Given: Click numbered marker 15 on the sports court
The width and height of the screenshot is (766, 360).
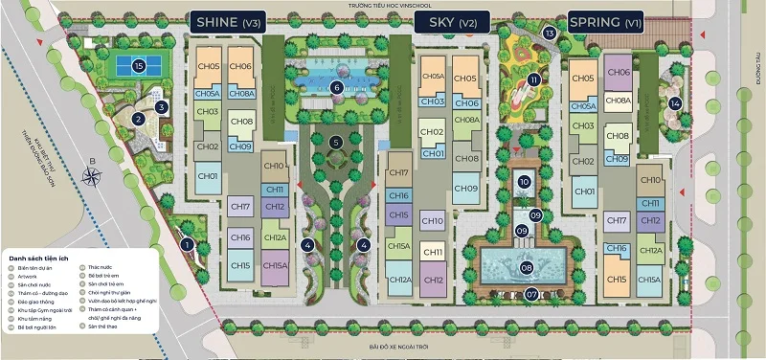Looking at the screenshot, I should coord(139,66).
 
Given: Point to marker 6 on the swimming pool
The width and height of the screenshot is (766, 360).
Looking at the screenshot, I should coord(336,87).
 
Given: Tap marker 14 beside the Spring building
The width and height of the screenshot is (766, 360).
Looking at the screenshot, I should coord(675,103).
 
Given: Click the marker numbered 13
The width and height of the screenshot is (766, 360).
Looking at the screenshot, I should coord(549,34).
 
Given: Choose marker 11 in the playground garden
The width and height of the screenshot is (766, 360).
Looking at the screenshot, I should coord(533,79).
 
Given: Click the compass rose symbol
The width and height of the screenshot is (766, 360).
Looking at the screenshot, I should coord(93,176).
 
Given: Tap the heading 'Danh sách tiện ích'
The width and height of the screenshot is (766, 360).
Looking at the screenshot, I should coord(44,259).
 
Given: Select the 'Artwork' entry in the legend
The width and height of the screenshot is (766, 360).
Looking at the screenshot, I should coord(34,277).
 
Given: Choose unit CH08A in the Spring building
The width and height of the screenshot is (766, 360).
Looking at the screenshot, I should coord(619,101).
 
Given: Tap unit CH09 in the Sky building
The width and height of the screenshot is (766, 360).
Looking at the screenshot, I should coord(466,189).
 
